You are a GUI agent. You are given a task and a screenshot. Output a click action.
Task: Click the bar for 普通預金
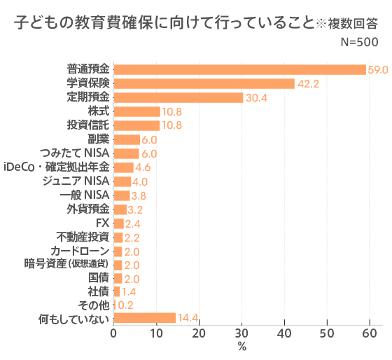coord(239,69)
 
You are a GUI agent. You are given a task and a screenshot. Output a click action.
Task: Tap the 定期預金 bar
coord(178,97)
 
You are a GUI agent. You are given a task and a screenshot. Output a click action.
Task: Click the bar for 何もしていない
coord(144,318)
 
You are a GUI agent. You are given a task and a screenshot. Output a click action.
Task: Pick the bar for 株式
coord(136,111)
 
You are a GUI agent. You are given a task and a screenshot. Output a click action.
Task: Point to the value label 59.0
coord(378,70)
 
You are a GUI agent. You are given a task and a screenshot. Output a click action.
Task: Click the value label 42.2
coord(308,84)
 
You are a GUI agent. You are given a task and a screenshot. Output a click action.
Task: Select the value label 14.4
coord(188,319)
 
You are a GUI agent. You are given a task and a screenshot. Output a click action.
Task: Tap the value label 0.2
coord(125,305)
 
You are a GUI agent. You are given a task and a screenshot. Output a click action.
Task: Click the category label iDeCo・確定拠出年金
coord(56,167)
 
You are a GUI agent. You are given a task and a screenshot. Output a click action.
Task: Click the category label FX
coord(101,223)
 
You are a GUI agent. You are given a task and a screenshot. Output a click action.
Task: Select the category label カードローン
coord(80,250)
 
